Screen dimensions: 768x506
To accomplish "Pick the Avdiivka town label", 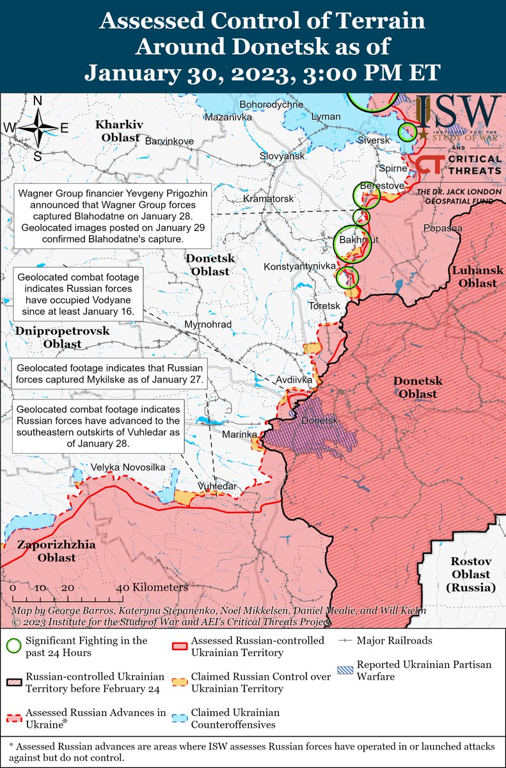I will [x=294, y=380].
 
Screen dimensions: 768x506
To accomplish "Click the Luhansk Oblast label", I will [x=474, y=277].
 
